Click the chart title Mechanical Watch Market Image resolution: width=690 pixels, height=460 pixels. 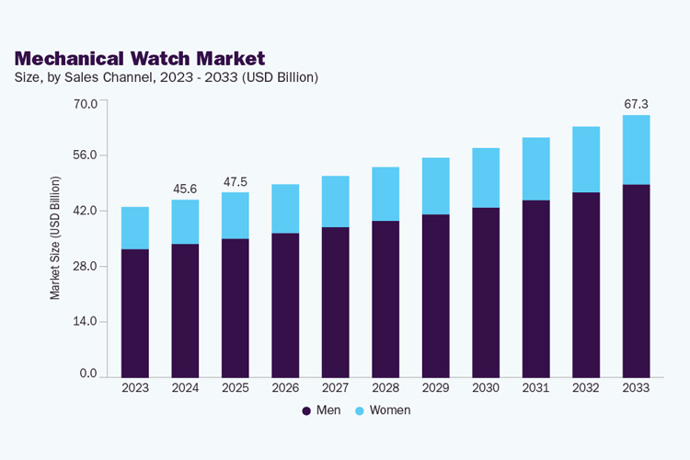[140, 59]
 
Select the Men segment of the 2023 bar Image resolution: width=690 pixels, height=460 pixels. [135, 313]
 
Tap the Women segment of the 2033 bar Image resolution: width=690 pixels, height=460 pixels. [636, 150]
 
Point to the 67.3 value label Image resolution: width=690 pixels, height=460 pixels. [637, 104]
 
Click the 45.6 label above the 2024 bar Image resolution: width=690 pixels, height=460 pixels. [186, 190]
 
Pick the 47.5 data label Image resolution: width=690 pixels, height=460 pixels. [236, 182]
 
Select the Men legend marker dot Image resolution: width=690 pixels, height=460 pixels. [307, 410]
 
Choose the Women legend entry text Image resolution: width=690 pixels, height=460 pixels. [390, 410]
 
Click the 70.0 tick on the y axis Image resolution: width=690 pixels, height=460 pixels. [86, 102]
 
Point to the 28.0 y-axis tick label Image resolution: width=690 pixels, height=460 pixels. [86, 266]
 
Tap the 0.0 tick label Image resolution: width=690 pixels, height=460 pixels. [88, 374]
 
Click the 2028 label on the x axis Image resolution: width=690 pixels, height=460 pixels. [385, 388]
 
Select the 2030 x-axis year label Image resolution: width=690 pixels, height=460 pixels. [486, 388]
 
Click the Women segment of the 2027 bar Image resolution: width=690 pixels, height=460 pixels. [336, 201]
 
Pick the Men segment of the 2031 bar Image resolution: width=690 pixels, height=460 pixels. [536, 288]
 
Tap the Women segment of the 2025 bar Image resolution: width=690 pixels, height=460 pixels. [236, 215]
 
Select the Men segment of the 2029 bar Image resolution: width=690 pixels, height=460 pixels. [436, 295]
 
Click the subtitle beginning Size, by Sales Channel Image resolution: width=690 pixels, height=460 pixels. [167, 77]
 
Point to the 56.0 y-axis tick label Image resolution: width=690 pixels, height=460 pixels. [86, 155]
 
